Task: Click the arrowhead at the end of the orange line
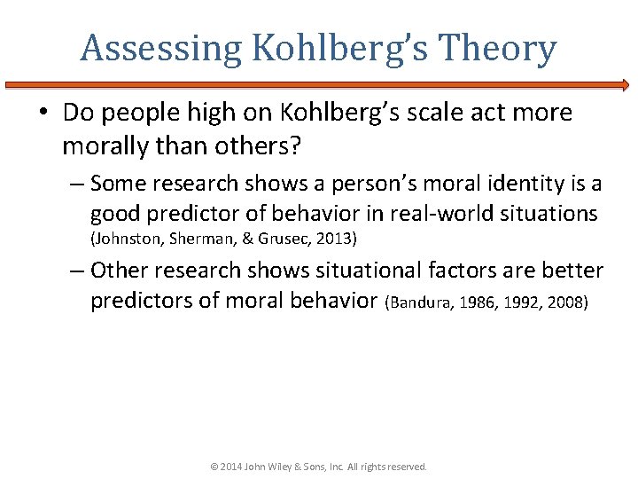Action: pos(625,85)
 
